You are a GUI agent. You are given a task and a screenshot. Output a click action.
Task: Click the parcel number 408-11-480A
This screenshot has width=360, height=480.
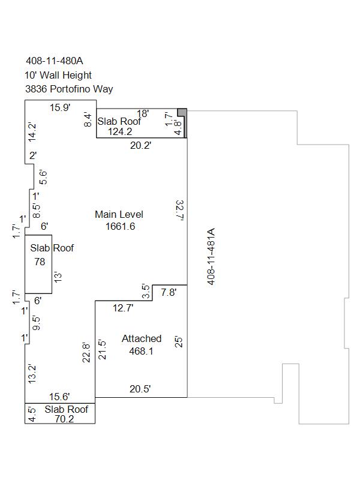[55, 61]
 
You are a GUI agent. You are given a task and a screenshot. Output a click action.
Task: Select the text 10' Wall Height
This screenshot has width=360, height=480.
[58, 75]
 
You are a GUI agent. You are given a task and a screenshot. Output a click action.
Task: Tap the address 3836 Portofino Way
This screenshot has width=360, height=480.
[69, 89]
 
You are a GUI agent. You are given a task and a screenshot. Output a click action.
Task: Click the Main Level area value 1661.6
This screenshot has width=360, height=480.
[121, 226]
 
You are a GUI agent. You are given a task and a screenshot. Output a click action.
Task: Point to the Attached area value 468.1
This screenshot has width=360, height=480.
[141, 351]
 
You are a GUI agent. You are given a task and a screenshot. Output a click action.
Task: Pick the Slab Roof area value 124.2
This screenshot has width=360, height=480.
[120, 131]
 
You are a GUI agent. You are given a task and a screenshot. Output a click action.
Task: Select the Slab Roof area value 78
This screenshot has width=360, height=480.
[40, 262]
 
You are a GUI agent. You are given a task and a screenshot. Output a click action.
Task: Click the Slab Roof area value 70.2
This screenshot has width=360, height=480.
[64, 419]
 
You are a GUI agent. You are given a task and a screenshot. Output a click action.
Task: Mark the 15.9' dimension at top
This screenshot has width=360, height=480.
[61, 107]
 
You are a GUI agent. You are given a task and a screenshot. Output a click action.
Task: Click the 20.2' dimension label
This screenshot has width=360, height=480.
[141, 145]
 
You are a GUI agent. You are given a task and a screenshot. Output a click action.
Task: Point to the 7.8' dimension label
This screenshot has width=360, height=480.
[169, 292]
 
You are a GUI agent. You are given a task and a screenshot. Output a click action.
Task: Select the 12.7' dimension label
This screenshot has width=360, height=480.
[123, 308]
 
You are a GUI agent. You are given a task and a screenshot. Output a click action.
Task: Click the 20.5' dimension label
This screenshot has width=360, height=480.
[140, 389]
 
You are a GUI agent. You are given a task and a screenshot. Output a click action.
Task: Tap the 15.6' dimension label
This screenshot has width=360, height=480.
[59, 397]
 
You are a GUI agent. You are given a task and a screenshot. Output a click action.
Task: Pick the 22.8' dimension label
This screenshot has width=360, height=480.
[86, 353]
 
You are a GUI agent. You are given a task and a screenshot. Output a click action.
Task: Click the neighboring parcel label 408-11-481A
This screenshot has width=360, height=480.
[211, 257]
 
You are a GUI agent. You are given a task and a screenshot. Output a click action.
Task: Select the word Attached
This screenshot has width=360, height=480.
[142, 338]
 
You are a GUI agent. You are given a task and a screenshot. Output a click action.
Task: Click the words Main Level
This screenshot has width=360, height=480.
[119, 214]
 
